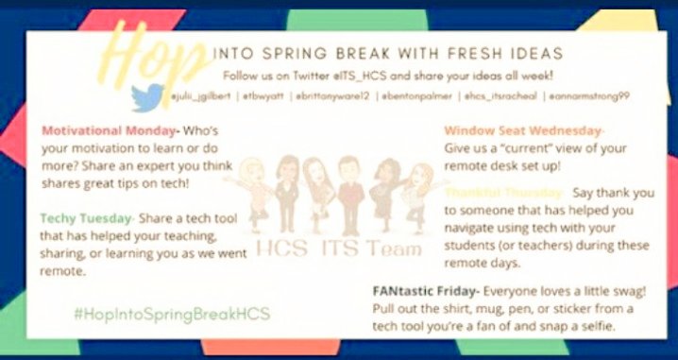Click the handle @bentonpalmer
(419, 95)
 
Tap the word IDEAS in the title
(534, 54)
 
